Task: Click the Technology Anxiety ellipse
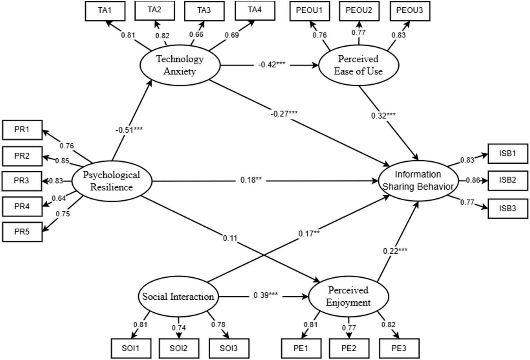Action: (180, 65)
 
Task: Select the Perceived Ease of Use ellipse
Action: (358, 65)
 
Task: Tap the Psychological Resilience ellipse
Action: (112, 181)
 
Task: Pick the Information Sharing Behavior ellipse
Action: (418, 180)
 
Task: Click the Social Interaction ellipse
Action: (178, 296)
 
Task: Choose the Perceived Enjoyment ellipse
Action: (348, 296)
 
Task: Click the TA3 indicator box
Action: (204, 11)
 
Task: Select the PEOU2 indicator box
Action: (359, 11)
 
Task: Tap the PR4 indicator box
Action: (22, 207)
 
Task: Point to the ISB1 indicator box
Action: (508, 153)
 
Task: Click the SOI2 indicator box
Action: (179, 348)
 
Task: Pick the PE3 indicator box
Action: (399, 348)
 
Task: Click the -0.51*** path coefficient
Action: (129, 130)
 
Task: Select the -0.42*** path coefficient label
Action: (272, 65)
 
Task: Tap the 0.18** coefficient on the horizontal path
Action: (251, 180)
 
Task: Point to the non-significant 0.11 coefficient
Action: (230, 238)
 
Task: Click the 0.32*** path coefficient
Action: (383, 116)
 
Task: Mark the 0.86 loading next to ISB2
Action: (473, 180)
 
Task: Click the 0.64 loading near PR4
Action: (59, 198)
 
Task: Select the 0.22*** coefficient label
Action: (395, 251)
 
